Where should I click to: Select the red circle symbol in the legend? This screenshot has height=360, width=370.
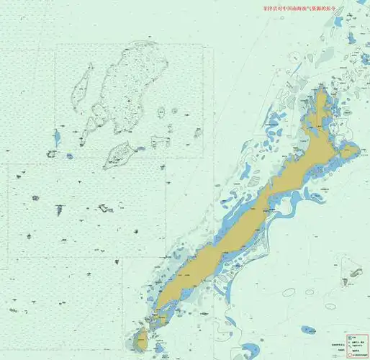349,354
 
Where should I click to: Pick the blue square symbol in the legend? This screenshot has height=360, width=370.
349,336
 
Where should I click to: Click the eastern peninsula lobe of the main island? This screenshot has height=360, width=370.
349,152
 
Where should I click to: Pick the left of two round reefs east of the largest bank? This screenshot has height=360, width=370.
160,112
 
